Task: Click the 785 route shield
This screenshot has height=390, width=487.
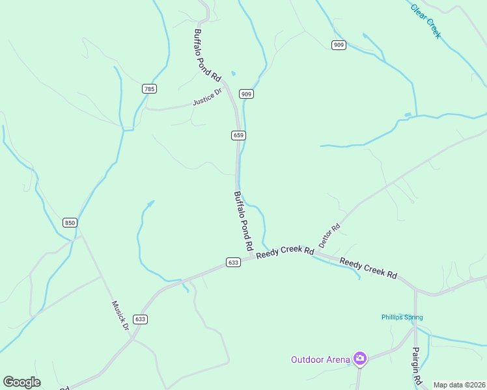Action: point(150,88)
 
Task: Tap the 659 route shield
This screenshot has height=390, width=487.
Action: point(238,135)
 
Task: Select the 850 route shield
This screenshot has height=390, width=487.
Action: point(70,222)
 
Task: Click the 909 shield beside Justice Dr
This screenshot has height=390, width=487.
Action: point(246,94)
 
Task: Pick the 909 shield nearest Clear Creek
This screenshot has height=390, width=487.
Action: point(338,45)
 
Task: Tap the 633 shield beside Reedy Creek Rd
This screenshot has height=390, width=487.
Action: point(234,263)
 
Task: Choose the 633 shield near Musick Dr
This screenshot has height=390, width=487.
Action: point(141,319)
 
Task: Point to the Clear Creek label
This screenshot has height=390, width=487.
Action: point(426,21)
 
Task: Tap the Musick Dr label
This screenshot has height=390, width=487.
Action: point(120,315)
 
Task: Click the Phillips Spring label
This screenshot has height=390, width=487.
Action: point(402,317)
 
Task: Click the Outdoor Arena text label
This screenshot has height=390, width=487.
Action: point(319,359)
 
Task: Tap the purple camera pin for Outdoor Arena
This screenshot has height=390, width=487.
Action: point(359,358)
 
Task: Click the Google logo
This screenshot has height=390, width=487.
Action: point(21,382)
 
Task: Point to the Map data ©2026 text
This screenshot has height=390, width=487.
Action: point(459,385)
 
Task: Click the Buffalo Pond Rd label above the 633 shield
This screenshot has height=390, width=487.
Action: point(243,222)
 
